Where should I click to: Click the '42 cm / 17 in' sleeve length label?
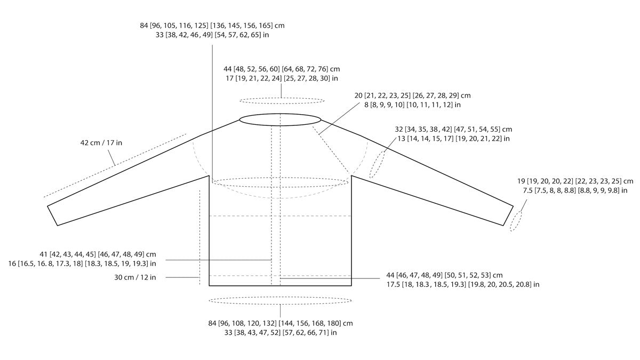click(x=101, y=143)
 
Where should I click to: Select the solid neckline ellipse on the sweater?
click(x=280, y=119)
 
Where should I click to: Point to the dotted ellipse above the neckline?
click(x=282, y=100)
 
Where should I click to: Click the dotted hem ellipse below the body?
click(x=280, y=301)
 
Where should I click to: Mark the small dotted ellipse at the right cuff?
click(x=516, y=221)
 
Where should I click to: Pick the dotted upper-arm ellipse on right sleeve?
click(x=378, y=164)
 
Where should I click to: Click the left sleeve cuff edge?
click(x=52, y=215)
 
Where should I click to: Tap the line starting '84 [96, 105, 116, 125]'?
click(x=212, y=26)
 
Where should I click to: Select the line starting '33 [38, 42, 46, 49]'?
click(x=212, y=35)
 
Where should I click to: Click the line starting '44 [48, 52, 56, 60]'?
click(x=282, y=69)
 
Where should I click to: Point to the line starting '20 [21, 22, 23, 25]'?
click(x=413, y=96)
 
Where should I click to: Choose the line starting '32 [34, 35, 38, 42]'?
click(x=453, y=130)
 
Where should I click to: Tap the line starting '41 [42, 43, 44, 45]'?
click(x=82, y=254)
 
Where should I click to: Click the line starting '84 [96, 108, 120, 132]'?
click(x=280, y=323)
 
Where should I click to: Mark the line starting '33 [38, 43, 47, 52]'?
click(x=280, y=333)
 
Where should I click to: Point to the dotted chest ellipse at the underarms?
click(x=280, y=182)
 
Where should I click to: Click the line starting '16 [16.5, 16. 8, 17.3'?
click(x=82, y=263)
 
